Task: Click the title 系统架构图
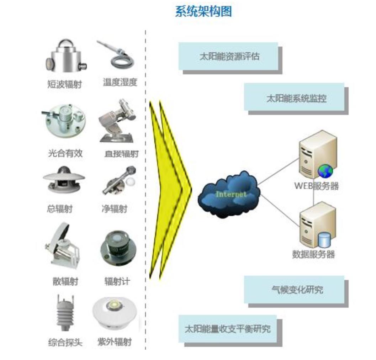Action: (x=203, y=11)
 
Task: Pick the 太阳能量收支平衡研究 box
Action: (x=227, y=328)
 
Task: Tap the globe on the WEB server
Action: (x=325, y=171)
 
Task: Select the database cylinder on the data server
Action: (x=324, y=240)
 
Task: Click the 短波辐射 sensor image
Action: (x=66, y=57)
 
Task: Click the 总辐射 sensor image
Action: (x=64, y=179)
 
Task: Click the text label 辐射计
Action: (x=117, y=281)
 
